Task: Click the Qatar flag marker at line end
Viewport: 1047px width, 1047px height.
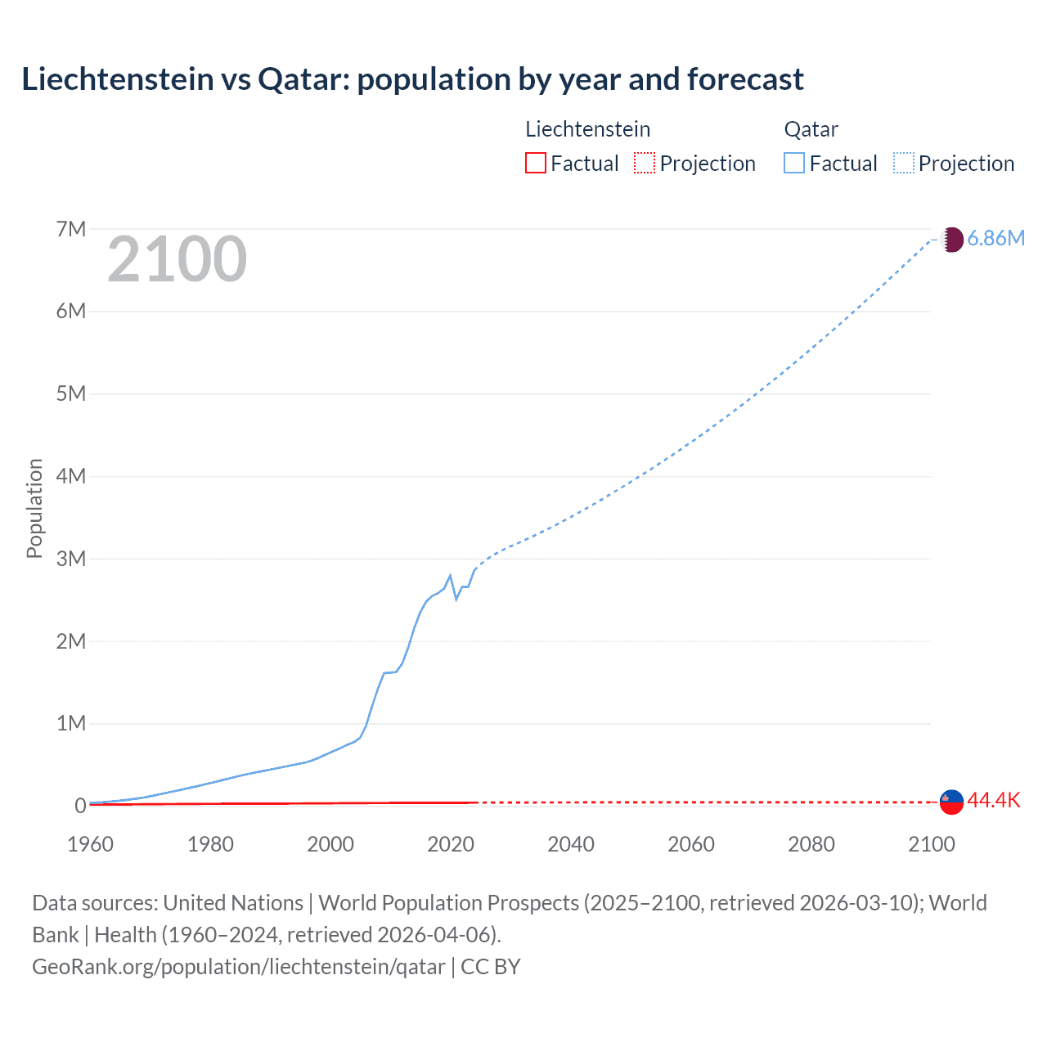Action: [x=951, y=240]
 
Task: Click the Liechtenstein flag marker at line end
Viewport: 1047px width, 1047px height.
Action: [x=951, y=802]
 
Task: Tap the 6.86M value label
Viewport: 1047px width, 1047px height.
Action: [x=995, y=238]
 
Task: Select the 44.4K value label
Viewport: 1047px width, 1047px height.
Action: [x=994, y=800]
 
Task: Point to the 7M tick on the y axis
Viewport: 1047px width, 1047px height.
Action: [x=71, y=229]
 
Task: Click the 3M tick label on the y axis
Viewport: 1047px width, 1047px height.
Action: [x=71, y=559]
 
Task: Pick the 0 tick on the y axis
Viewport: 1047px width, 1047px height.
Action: [x=80, y=806]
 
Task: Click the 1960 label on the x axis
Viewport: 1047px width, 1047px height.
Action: [x=90, y=844]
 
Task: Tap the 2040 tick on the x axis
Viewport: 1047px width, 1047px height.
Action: [x=571, y=844]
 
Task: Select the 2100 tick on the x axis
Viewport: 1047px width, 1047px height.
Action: [x=931, y=844]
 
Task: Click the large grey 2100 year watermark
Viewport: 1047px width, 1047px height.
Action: [x=177, y=259]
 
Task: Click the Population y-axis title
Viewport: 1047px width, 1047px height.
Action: [x=34, y=508]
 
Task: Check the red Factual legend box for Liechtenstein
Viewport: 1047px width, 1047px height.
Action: [x=535, y=163]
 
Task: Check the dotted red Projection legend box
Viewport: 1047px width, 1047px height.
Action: [x=645, y=163]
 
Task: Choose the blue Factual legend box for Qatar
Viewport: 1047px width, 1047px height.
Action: [x=794, y=163]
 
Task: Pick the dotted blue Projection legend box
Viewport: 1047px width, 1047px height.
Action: [x=903, y=163]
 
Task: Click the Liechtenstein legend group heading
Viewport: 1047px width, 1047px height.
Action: [x=587, y=129]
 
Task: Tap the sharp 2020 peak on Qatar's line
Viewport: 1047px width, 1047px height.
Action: [x=450, y=576]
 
